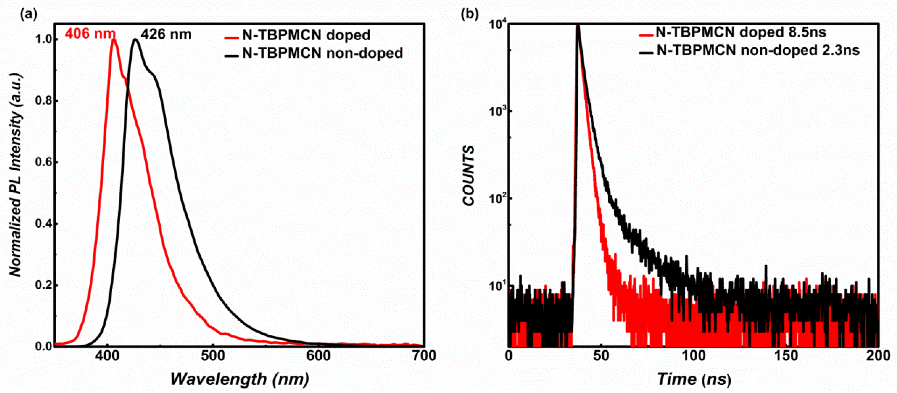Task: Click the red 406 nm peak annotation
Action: [x=90, y=34]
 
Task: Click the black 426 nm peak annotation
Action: [x=166, y=35]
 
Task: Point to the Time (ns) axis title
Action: [x=694, y=379]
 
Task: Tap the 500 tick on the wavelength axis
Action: [x=213, y=356]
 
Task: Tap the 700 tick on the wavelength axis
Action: [x=423, y=356]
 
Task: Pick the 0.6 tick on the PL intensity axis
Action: [x=43, y=162]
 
